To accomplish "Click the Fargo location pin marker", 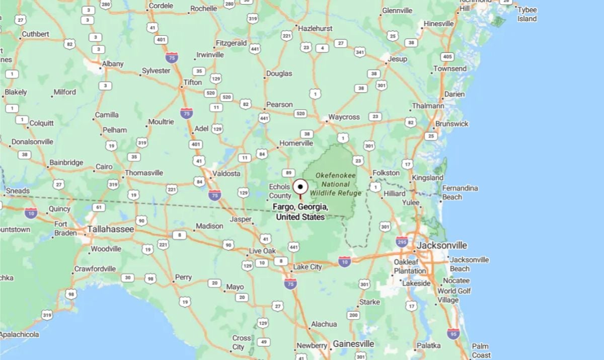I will (x=300, y=187).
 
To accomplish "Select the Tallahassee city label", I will (x=110, y=230).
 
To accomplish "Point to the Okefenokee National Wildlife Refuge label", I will (x=336, y=184).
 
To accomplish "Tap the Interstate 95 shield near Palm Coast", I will (x=453, y=333).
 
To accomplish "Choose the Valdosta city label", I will (x=226, y=173).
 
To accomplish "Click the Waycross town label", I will (x=344, y=117).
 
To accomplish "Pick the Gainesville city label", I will (x=353, y=343).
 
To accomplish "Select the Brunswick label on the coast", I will (x=452, y=124).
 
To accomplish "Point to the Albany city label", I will (x=112, y=64).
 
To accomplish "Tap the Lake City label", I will (x=307, y=266).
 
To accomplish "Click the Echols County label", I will (x=280, y=191).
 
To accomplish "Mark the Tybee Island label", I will (x=527, y=14).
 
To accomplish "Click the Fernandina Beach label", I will (x=460, y=192).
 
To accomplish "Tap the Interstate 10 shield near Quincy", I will (x=31, y=213).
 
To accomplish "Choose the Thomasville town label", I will (x=144, y=173).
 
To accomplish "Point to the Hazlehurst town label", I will (x=315, y=29).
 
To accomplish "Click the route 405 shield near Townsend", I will (x=446, y=56).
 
